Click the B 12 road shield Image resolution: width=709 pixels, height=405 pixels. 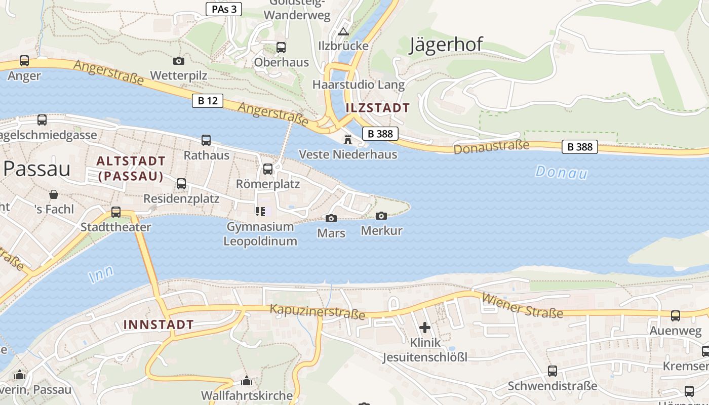click(208, 101)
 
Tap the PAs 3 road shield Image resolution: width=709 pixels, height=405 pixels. click(224, 9)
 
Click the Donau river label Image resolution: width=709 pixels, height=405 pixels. click(561, 172)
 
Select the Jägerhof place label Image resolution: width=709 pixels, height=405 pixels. click(446, 45)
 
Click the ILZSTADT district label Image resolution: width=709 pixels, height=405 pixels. click(377, 108)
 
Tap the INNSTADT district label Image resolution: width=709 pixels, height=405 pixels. click(159, 325)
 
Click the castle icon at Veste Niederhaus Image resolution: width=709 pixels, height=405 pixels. click(348, 140)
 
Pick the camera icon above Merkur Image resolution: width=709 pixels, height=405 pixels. click(381, 216)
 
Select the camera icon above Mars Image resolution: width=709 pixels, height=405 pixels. click(331, 219)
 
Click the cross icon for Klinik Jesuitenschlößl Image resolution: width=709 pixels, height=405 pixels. click(425, 328)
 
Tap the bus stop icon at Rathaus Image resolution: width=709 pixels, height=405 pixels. click(206, 140)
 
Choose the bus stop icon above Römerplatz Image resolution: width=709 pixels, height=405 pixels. click(268, 169)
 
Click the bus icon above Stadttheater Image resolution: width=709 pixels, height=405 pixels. click(116, 212)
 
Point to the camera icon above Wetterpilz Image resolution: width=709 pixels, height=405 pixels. click(179, 61)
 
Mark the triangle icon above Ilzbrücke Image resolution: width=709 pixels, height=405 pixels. click(343, 32)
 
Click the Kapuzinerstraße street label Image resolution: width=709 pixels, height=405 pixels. click(317, 311)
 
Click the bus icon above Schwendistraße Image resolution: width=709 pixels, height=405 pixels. click(553, 371)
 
